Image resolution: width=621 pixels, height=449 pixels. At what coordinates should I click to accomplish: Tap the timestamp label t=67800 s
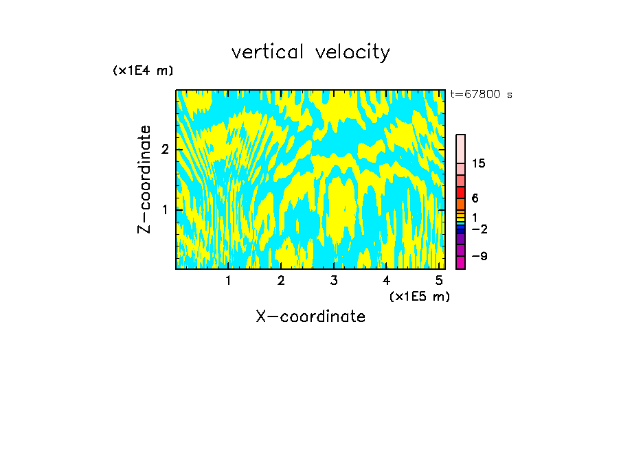[x=481, y=95]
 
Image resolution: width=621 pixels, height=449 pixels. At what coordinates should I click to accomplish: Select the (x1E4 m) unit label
[x=143, y=71]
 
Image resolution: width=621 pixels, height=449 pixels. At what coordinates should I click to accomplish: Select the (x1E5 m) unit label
[x=419, y=296]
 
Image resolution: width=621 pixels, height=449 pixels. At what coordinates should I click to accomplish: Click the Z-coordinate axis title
[x=144, y=179]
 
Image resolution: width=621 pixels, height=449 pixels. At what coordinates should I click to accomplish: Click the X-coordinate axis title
[x=310, y=316]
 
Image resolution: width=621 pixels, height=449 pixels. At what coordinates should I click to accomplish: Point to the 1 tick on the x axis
[x=228, y=281]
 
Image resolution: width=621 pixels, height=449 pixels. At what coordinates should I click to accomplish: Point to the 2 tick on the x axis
[x=281, y=281]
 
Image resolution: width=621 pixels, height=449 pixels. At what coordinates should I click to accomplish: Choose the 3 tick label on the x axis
[x=334, y=281]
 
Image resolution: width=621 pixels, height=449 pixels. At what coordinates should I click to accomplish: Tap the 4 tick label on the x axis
[x=386, y=281]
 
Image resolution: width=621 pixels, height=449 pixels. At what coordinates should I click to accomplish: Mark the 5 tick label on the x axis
[x=439, y=281]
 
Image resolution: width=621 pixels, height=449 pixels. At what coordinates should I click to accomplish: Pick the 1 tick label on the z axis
[x=165, y=209]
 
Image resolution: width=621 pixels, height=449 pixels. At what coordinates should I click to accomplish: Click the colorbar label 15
[x=479, y=163]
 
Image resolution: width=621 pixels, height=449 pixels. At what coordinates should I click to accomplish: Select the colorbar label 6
[x=475, y=198]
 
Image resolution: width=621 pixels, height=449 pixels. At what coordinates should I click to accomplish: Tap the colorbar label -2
[x=479, y=229]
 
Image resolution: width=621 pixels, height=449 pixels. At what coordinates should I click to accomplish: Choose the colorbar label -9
[x=479, y=256]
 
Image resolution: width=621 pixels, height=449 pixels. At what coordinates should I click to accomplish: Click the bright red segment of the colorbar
[x=460, y=192]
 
